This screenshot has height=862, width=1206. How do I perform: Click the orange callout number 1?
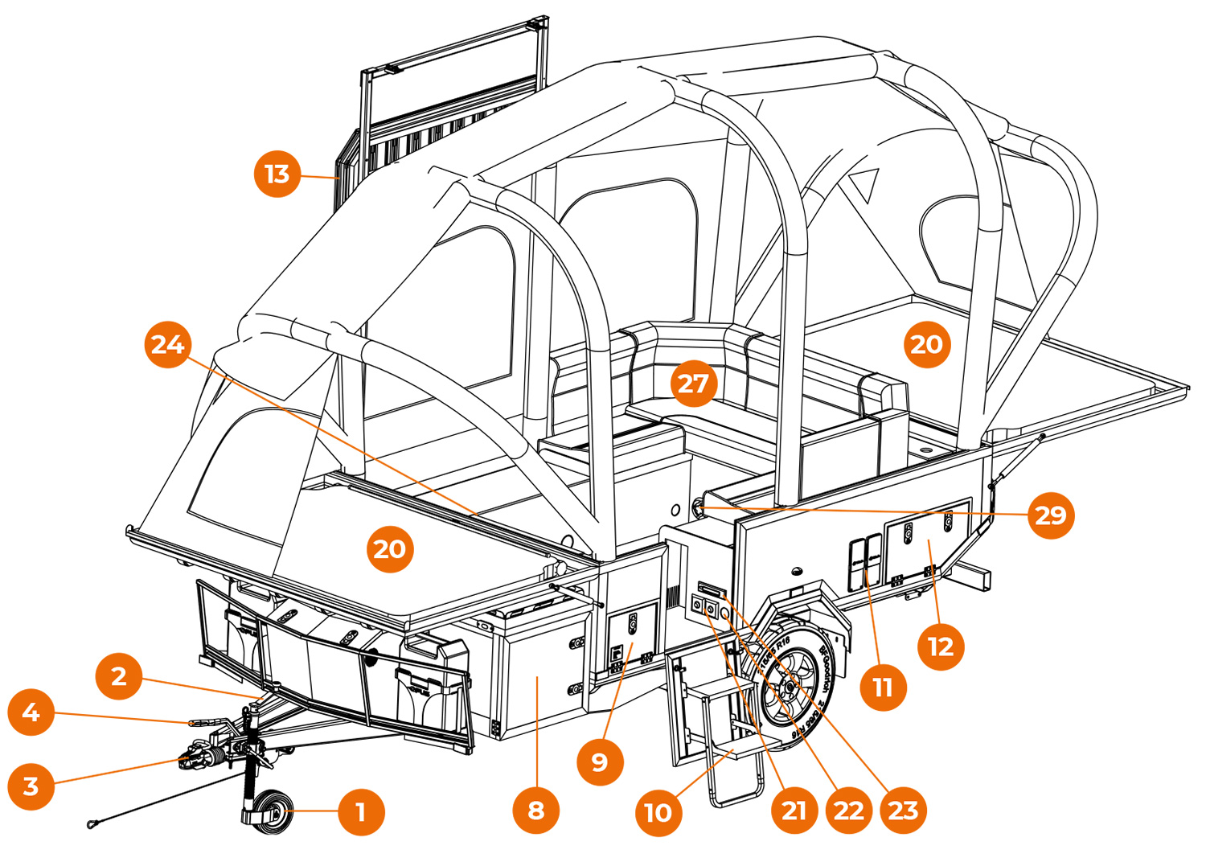(361, 812)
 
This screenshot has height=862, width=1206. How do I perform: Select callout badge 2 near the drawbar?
(119, 676)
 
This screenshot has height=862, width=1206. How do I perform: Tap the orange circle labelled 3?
(31, 786)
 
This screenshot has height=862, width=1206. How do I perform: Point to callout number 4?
(31, 712)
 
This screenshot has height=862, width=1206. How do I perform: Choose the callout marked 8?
(536, 811)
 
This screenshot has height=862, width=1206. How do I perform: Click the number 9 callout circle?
(600, 761)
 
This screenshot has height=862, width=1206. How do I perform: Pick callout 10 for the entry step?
(658, 813)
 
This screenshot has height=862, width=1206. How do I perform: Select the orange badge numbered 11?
(883, 688)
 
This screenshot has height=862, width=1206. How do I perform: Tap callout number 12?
(941, 646)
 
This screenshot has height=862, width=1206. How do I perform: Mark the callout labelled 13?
(277, 174)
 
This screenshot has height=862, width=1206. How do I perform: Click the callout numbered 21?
(794, 811)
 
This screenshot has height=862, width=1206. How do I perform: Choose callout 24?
(168, 345)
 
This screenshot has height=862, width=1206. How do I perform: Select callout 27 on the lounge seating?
(693, 384)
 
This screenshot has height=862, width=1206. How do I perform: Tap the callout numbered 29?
(1051, 515)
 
